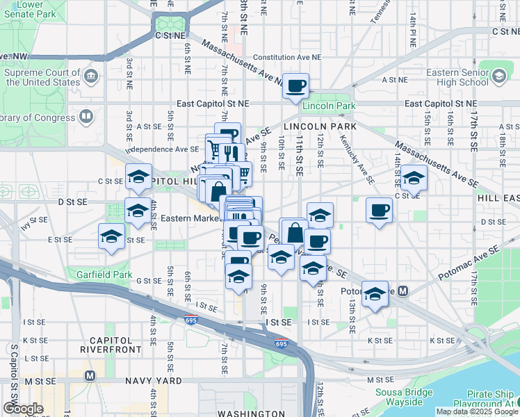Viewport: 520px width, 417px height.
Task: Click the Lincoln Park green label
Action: click(x=329, y=106)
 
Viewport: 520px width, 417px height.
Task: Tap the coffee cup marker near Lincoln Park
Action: click(x=296, y=85)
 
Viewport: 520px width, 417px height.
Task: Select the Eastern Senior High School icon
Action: click(x=498, y=75)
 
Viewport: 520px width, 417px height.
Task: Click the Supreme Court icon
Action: click(x=90, y=74)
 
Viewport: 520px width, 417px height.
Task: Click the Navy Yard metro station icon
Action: click(x=89, y=376)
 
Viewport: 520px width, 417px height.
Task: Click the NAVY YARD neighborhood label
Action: click(x=154, y=381)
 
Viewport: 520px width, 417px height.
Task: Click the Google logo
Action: click(x=23, y=409)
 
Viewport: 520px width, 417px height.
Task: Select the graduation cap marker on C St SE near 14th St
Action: click(x=414, y=178)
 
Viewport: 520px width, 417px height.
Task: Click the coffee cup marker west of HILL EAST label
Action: click(x=380, y=210)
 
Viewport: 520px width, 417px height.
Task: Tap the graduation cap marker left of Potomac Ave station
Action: click(x=375, y=294)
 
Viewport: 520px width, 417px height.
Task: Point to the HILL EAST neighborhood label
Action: click(x=498, y=198)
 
